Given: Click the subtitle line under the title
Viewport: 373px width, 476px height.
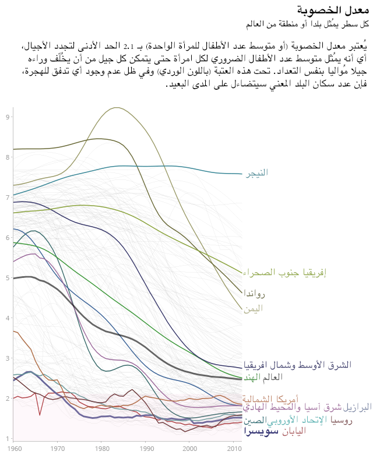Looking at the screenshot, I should click(308, 24).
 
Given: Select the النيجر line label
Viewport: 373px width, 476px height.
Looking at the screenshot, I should click(255, 173).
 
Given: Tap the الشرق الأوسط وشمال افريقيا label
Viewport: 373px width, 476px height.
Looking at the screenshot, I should click(297, 365).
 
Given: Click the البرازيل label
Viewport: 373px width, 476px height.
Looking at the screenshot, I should click(357, 408).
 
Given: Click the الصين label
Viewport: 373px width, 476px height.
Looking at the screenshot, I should click(253, 421).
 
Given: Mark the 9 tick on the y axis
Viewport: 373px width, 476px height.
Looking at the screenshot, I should click(8, 117).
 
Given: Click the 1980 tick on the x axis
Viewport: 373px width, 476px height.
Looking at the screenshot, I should click(101, 449).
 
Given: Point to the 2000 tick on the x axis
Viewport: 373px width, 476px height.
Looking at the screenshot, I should click(189, 449).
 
